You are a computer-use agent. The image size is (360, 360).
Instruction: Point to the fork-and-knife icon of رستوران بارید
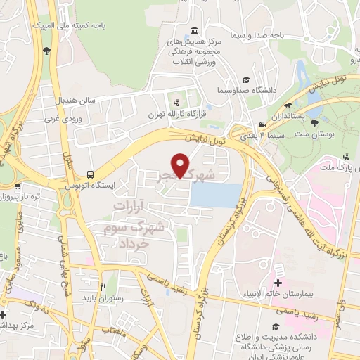pyautogui.click(x=103, y=286)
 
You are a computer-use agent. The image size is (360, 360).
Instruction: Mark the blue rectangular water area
pyautogui.click(x=217, y=194)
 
